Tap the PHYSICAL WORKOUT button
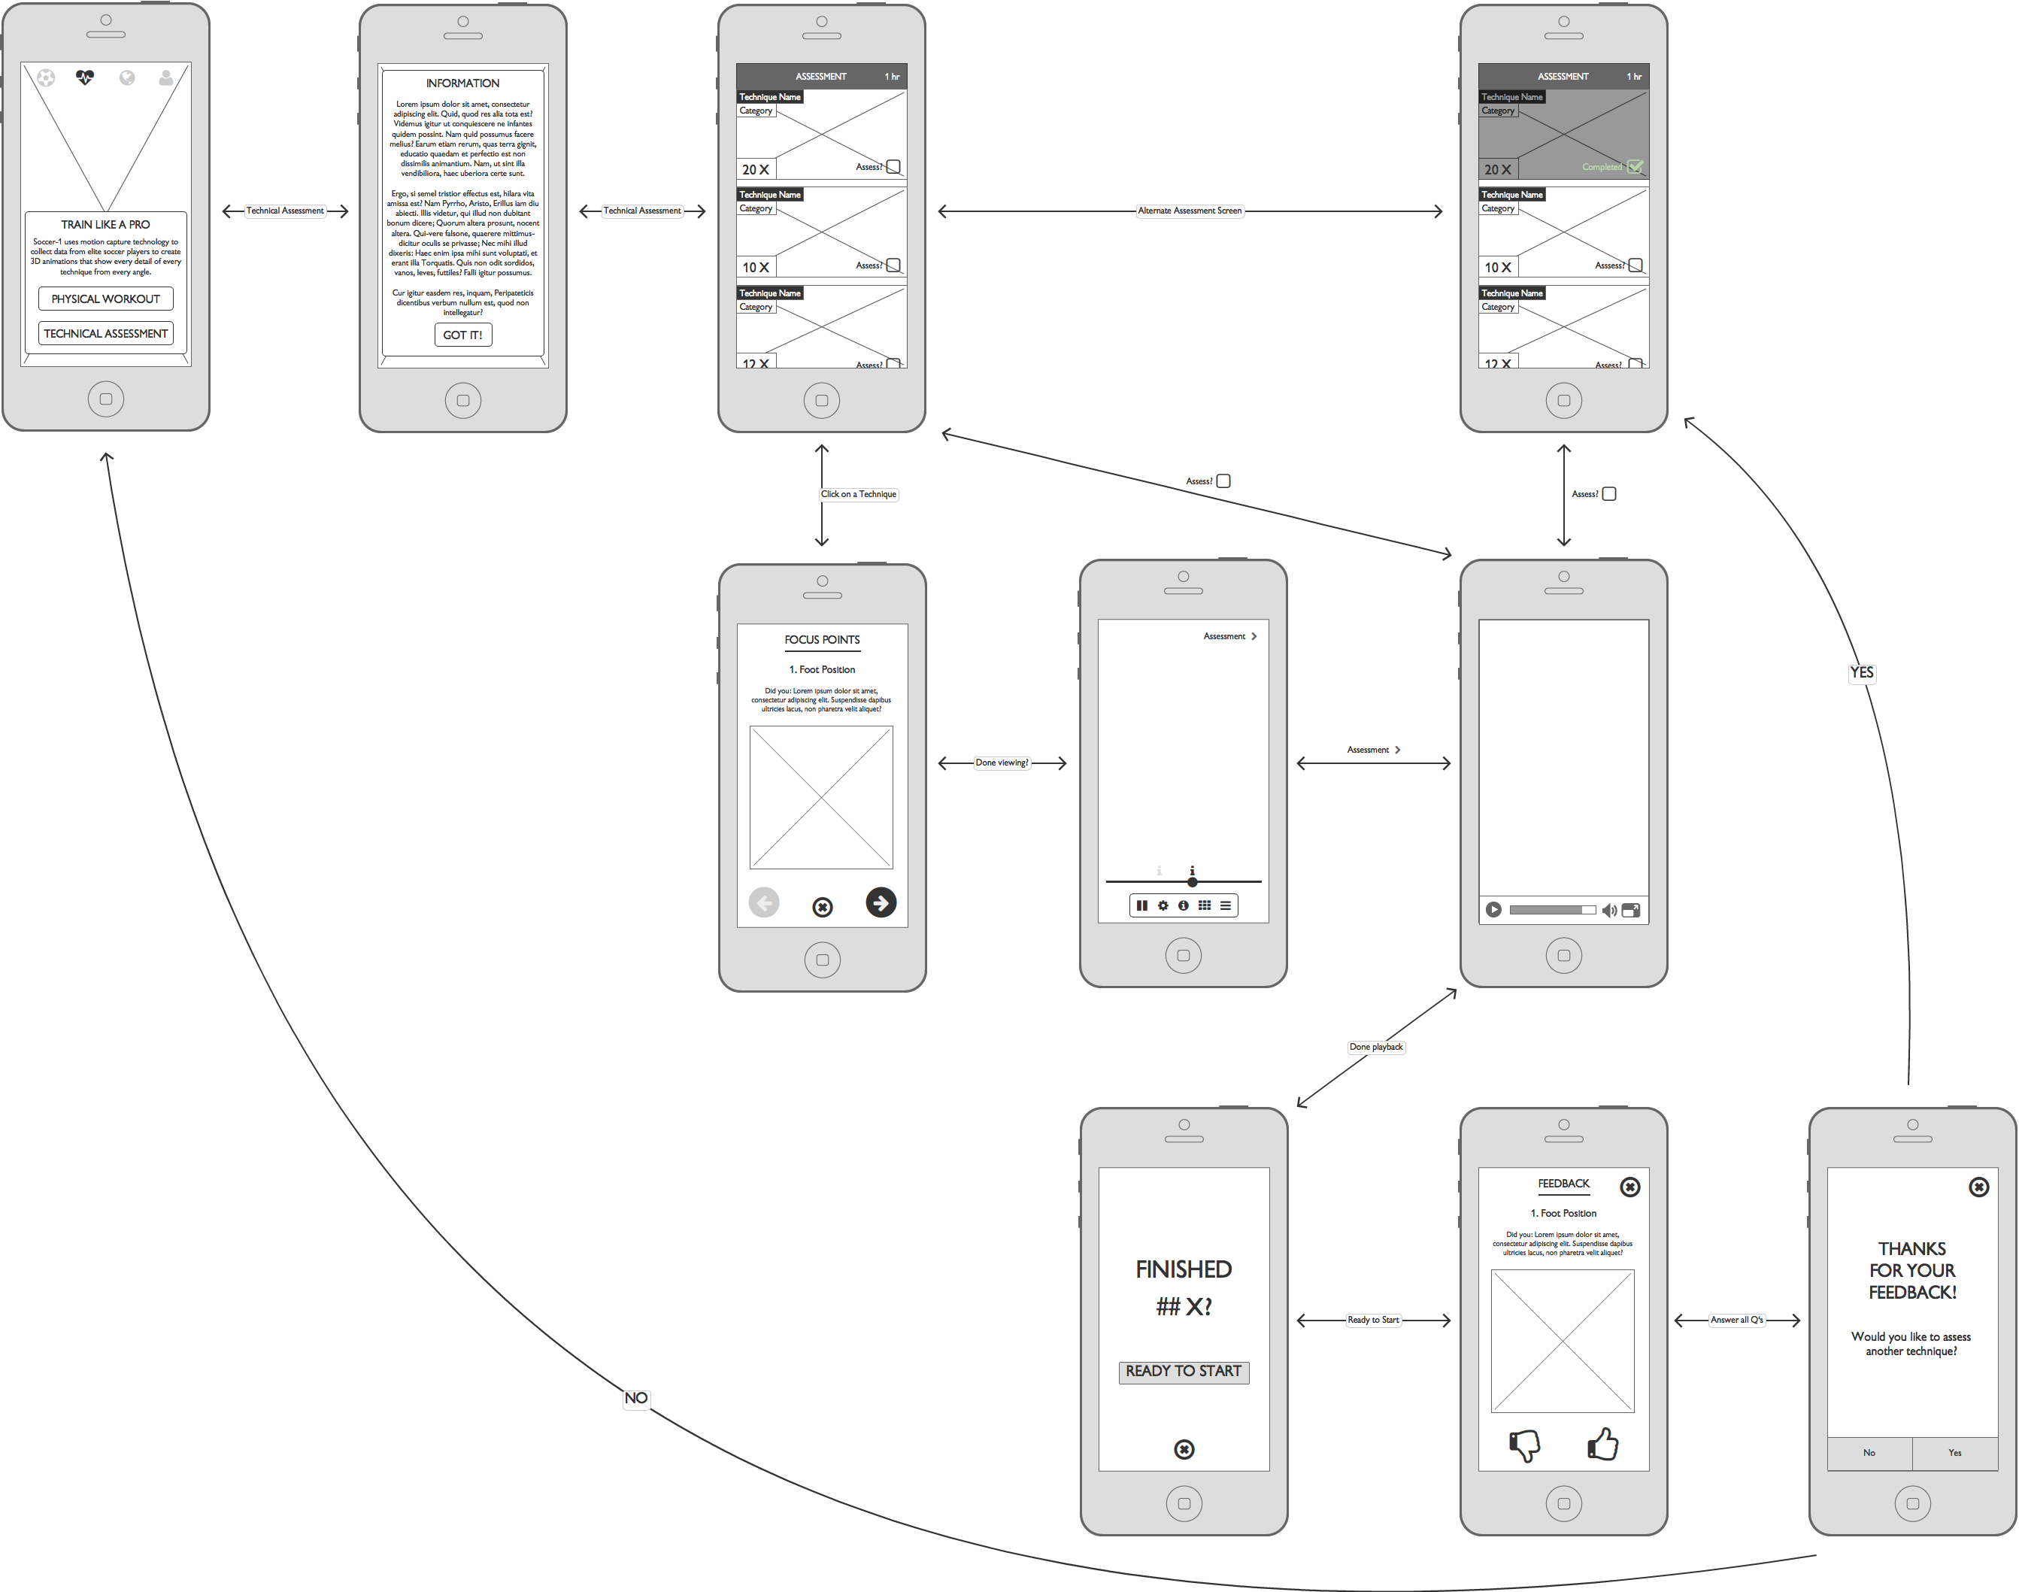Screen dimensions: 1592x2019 [x=105, y=299]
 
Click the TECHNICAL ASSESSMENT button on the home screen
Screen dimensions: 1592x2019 [x=105, y=334]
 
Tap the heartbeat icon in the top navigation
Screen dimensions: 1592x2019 [x=85, y=78]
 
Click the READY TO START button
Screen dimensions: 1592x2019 [x=1183, y=1371]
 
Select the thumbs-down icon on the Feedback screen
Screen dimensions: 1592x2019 [x=1524, y=1445]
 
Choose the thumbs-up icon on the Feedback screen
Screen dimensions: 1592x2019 [x=1602, y=1444]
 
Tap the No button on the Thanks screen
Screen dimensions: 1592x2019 [x=1869, y=1453]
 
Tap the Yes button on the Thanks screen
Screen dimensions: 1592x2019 [x=1954, y=1453]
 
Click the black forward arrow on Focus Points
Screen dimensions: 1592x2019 [x=881, y=902]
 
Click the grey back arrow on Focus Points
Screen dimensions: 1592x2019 [x=763, y=902]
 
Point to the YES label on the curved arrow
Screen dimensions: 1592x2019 [x=1862, y=673]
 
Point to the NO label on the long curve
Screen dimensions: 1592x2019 [x=635, y=1398]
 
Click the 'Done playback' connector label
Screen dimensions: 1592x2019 [x=1376, y=1047]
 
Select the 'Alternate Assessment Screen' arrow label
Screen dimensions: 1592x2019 [x=1190, y=211]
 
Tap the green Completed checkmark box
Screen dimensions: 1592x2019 [x=1635, y=167]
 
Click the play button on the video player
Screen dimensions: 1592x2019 [x=1493, y=910]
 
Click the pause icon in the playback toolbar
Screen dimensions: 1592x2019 [x=1142, y=905]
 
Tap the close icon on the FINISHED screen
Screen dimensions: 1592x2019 [x=1184, y=1449]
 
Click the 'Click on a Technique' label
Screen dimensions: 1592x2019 [x=859, y=494]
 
